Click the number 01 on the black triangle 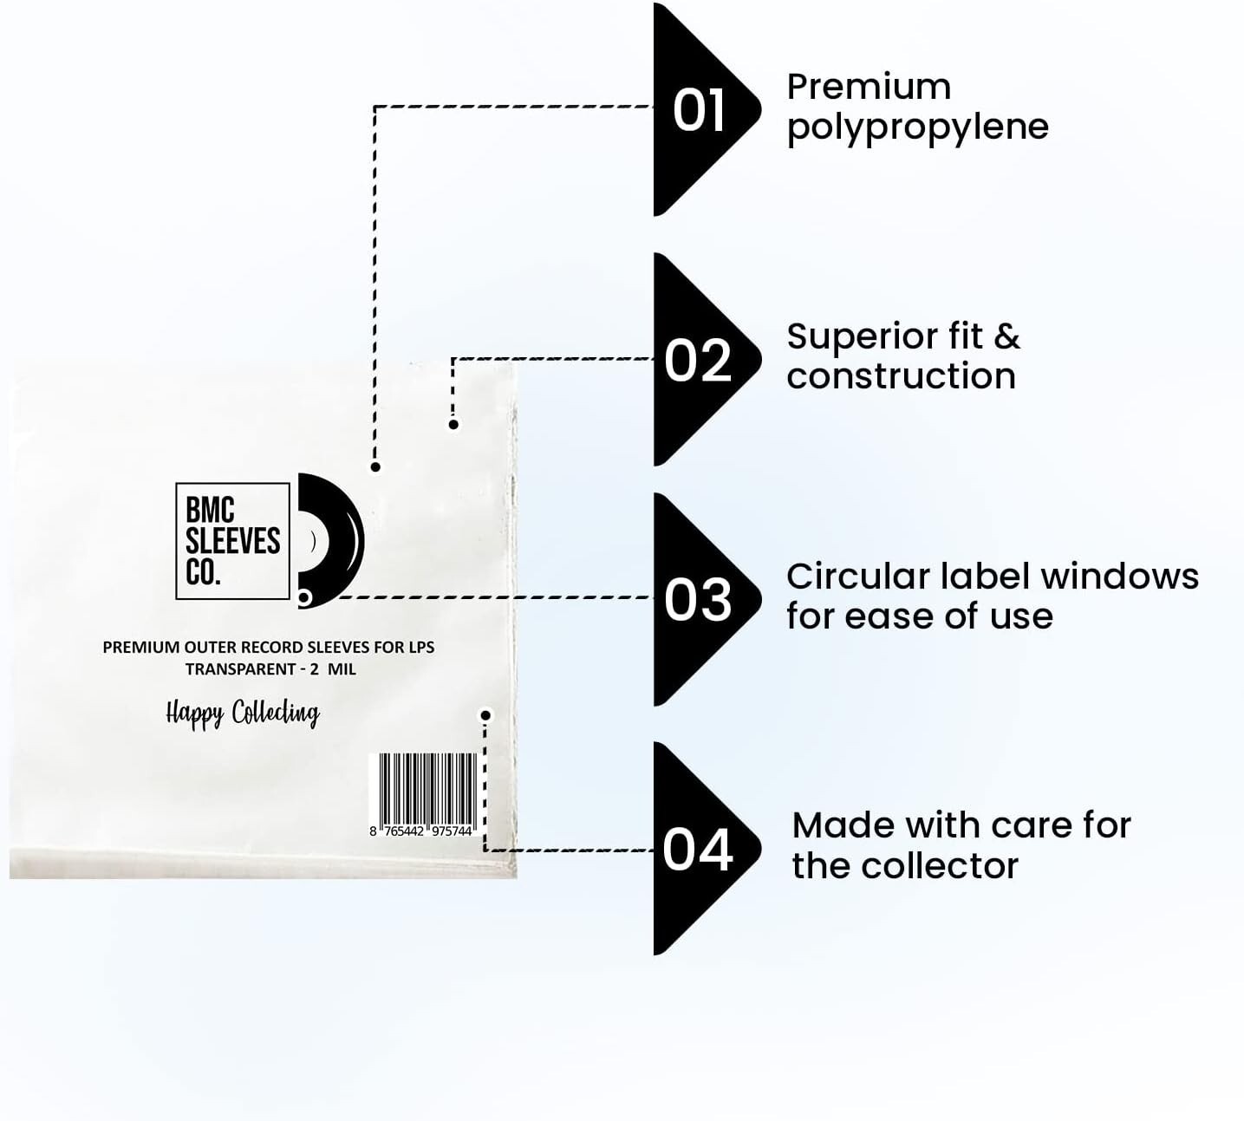click(699, 111)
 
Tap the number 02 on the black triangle click(698, 361)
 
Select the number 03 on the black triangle click(698, 600)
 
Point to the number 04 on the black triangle click(698, 850)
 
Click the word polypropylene click(917, 128)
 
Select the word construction click(901, 377)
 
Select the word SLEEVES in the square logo click(232, 542)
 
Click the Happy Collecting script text click(243, 714)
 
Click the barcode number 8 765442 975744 click(421, 831)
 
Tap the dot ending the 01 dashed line click(375, 467)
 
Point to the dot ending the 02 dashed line click(453, 425)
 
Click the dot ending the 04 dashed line click(485, 715)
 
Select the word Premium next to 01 click(868, 88)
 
